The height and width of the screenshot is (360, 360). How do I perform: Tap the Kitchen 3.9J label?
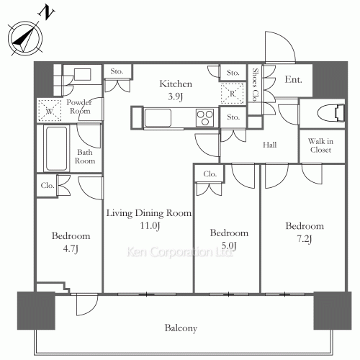pyautogui.click(x=176, y=90)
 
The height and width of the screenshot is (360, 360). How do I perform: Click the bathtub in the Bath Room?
pyautogui.click(x=55, y=148)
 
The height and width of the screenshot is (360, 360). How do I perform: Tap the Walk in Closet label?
pyautogui.click(x=319, y=145)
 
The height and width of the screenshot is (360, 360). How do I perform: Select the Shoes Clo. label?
pyautogui.click(x=256, y=85)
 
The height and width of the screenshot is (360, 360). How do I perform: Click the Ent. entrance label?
pyautogui.click(x=292, y=81)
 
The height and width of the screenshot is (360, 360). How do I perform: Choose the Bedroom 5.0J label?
pyautogui.click(x=229, y=239)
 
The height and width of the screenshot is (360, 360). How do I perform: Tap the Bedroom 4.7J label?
pyautogui.click(x=70, y=242)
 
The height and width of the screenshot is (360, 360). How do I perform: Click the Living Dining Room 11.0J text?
pyautogui.click(x=148, y=220)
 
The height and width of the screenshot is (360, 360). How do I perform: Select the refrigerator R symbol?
pyautogui.click(x=233, y=93)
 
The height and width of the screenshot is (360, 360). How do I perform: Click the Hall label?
pyautogui.click(x=269, y=145)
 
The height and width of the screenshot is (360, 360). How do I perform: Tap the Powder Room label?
pyautogui.click(x=80, y=107)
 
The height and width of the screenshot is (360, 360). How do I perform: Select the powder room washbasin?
pyautogui.click(x=79, y=75)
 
